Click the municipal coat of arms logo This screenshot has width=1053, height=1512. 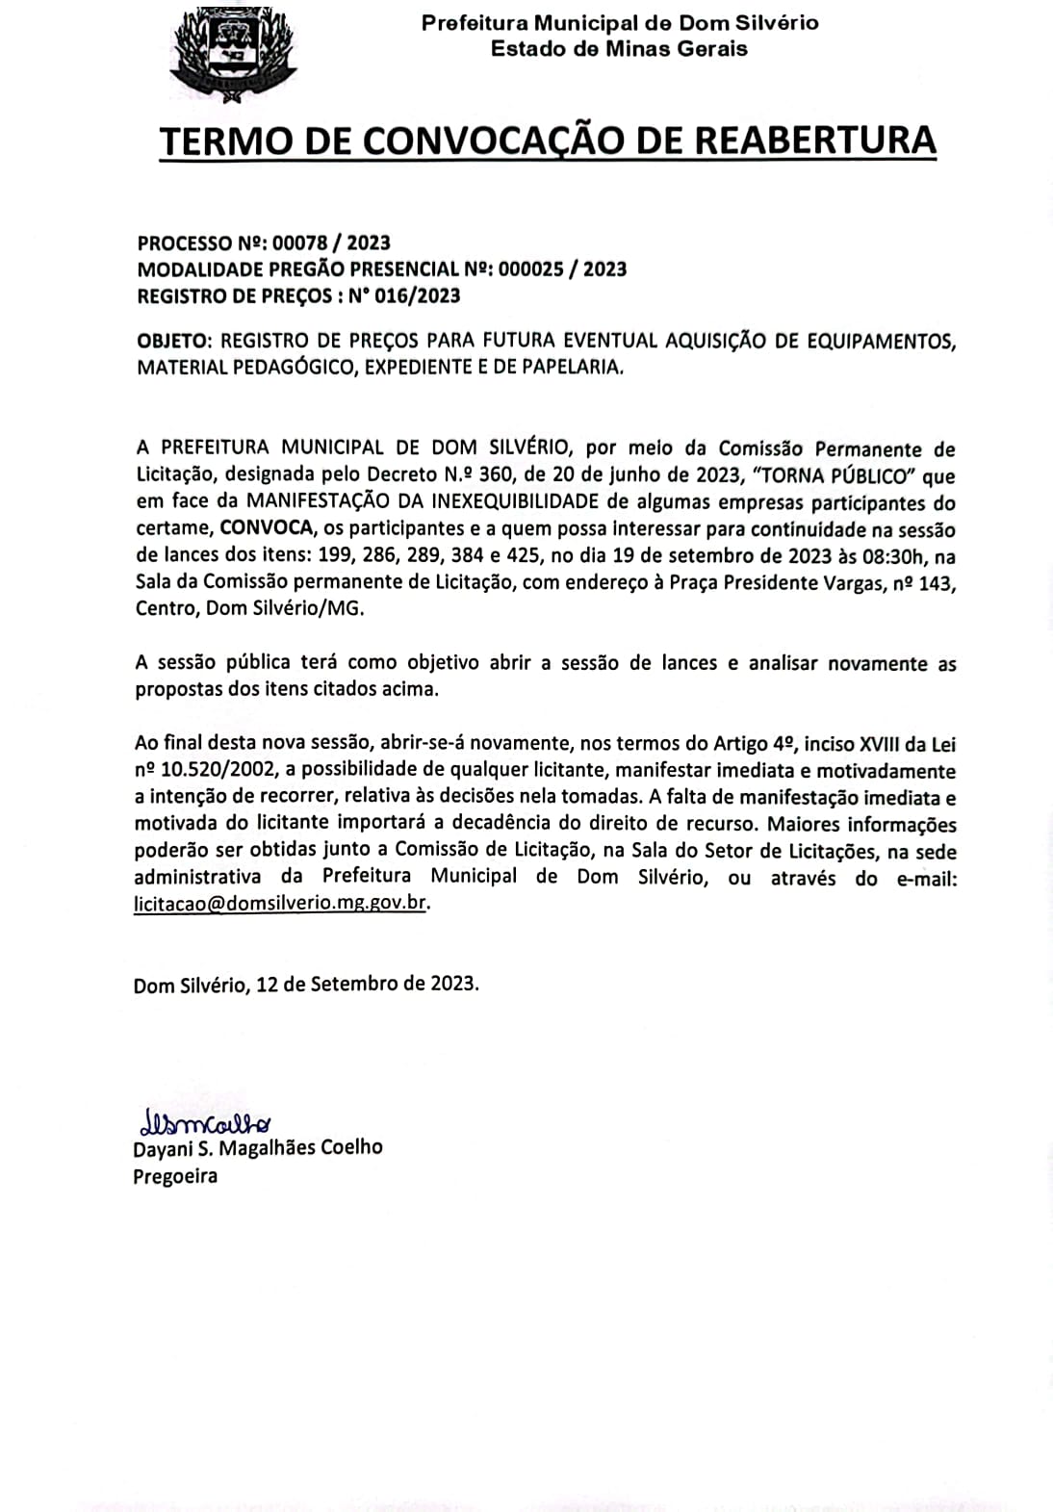pyautogui.click(x=233, y=53)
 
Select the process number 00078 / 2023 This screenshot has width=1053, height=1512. pyautogui.click(x=331, y=243)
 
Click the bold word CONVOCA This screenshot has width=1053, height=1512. pyautogui.click(x=267, y=528)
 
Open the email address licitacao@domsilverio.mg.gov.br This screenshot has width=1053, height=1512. pyautogui.click(x=280, y=905)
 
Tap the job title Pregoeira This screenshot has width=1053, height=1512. pyautogui.click(x=175, y=1175)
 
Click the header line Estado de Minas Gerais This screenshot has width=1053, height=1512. pyautogui.click(x=619, y=48)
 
